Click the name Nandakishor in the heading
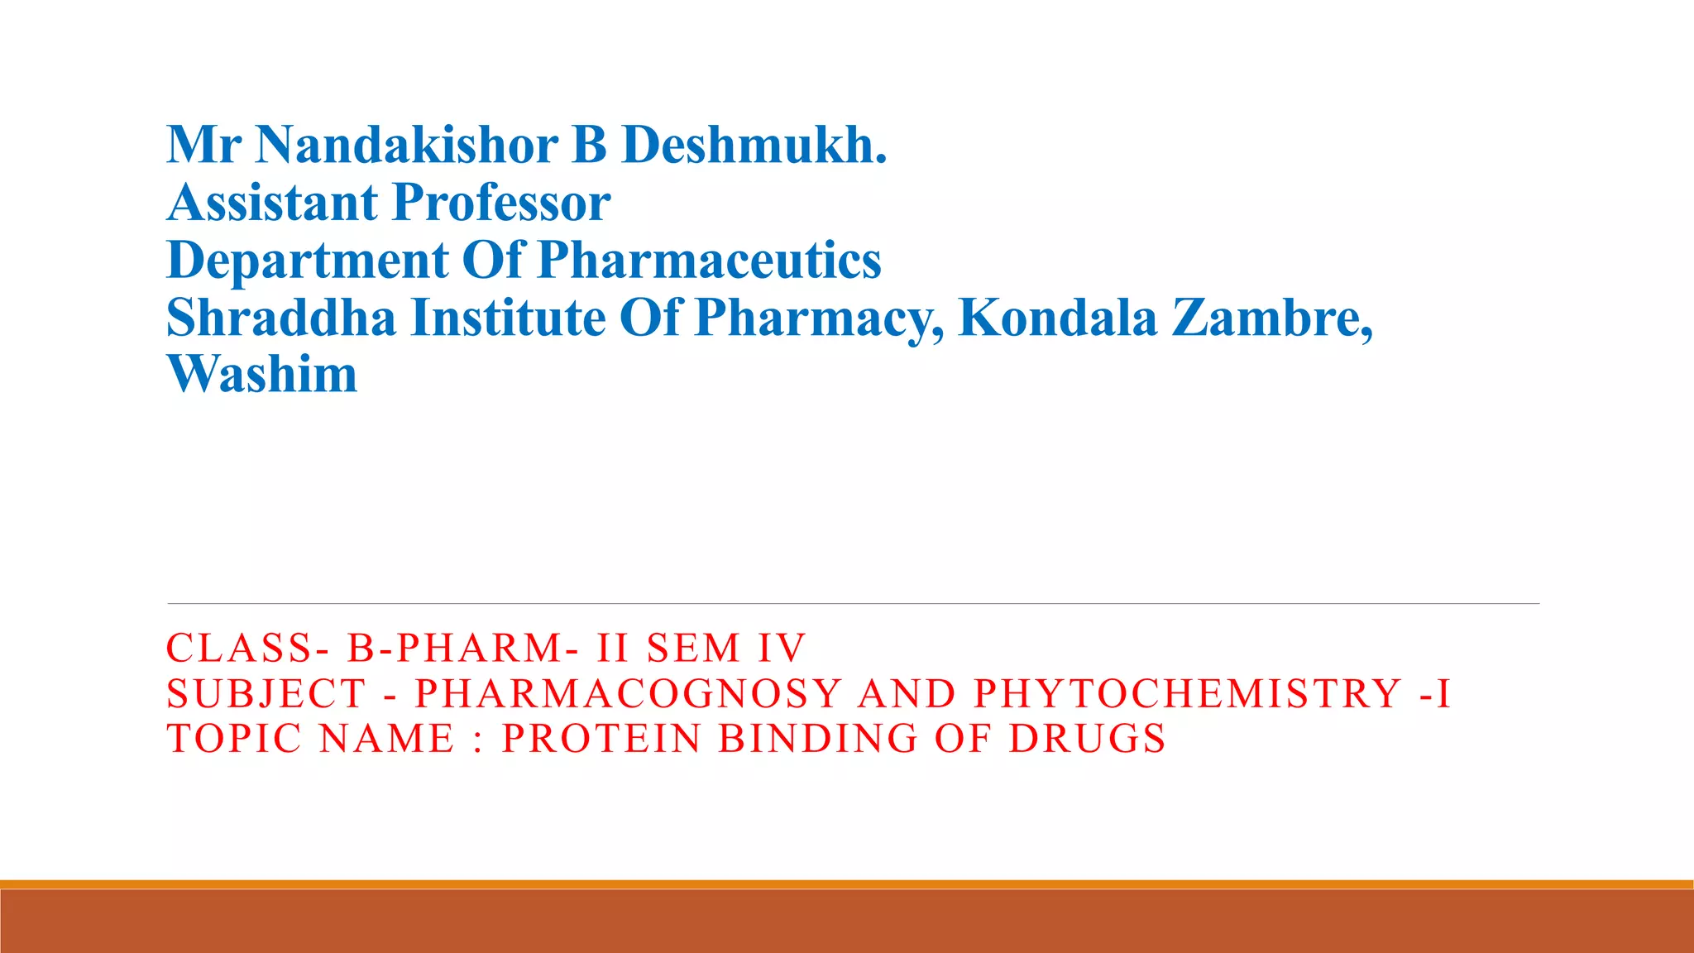click(x=406, y=145)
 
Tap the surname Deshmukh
click(x=753, y=145)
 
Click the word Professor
click(x=501, y=203)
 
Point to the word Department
click(x=307, y=261)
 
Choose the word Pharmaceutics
click(x=709, y=261)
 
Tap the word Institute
click(x=508, y=318)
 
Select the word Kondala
click(x=1057, y=318)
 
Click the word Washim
click(x=262, y=374)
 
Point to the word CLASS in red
click(x=239, y=648)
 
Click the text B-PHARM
click(x=455, y=648)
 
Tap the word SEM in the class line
click(x=693, y=648)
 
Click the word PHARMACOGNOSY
click(x=628, y=693)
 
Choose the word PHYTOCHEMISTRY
click(x=1188, y=693)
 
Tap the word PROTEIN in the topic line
click(x=601, y=739)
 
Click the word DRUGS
click(x=1088, y=739)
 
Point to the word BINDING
click(x=818, y=739)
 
